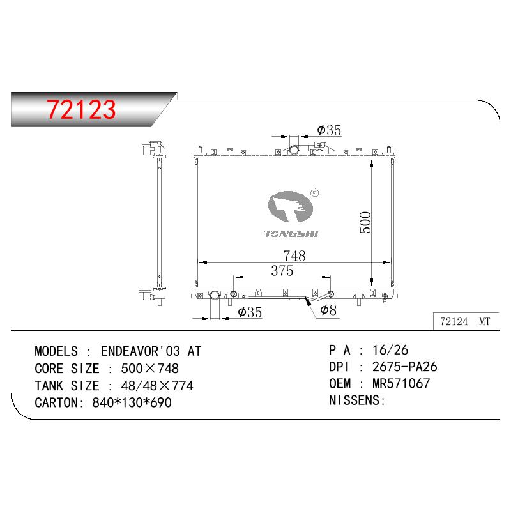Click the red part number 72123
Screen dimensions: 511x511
(x=81, y=109)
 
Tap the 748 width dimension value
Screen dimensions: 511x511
(x=294, y=256)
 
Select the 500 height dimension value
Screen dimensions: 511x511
(x=365, y=222)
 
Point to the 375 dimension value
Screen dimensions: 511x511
(x=282, y=270)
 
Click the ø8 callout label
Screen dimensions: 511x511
(x=328, y=310)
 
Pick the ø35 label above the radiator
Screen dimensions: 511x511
(x=329, y=130)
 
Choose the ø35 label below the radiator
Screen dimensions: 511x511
(x=250, y=312)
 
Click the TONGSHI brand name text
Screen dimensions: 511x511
(x=291, y=234)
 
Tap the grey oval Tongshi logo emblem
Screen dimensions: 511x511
(x=290, y=206)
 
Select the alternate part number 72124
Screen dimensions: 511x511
(x=454, y=322)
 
